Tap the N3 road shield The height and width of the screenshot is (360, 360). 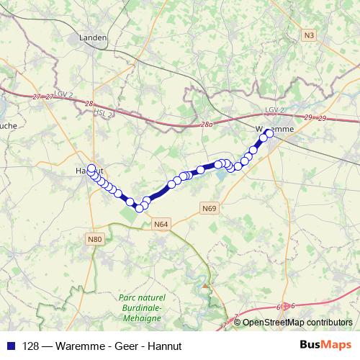(310, 34)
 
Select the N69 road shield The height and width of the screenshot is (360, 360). (209, 208)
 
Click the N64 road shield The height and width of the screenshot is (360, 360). (161, 225)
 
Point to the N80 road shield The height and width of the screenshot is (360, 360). (94, 238)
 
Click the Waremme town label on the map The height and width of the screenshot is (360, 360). (274, 129)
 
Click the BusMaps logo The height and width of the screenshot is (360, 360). (325, 345)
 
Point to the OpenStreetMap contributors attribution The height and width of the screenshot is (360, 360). (297, 323)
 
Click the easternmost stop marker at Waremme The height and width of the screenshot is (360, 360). (270, 133)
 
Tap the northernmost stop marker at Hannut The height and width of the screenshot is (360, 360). (91, 168)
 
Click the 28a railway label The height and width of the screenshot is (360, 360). (207, 125)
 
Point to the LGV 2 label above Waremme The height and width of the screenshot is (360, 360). (275, 109)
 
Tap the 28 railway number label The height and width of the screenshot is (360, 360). (89, 104)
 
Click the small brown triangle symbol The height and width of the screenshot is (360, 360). (205, 286)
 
